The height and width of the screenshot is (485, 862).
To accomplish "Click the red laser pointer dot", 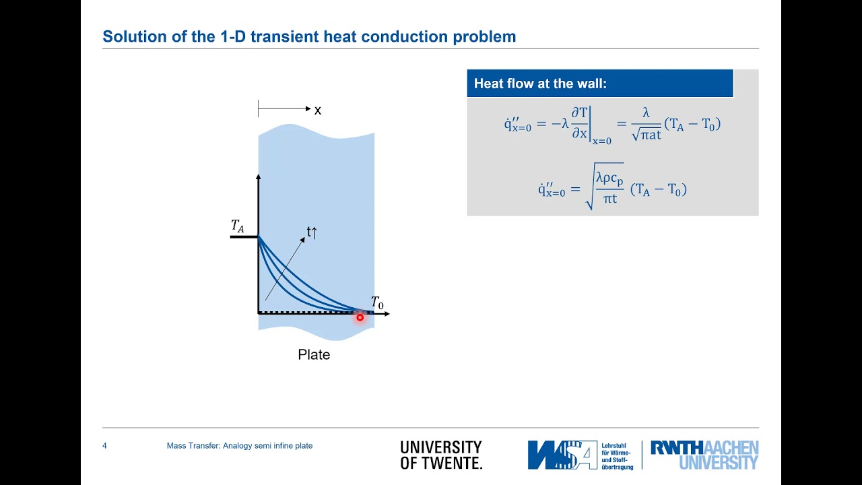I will tap(360, 317).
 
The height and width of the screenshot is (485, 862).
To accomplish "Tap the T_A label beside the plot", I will tap(238, 226).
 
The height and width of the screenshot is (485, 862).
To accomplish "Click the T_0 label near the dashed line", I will tap(377, 303).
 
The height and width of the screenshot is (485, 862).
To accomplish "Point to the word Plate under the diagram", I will tap(314, 354).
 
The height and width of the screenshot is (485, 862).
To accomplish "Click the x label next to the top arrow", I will tap(318, 110).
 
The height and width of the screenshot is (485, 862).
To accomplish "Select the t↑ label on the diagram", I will tap(312, 232).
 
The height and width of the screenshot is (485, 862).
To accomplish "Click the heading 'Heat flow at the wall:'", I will tap(540, 84).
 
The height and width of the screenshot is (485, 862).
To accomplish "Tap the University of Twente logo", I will tap(441, 455).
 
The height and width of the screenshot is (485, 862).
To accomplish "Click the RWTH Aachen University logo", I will tap(704, 455).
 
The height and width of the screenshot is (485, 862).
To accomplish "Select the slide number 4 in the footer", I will tap(104, 446).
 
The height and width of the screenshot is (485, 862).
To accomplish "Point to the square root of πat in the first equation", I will tap(646, 135).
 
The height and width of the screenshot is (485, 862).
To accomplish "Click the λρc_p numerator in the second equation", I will tap(609, 178).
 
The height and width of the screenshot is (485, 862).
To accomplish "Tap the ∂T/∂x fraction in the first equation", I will tap(580, 125).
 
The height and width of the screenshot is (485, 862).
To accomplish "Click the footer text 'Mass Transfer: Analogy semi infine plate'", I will tap(240, 446).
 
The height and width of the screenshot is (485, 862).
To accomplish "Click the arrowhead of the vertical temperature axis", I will tap(258, 177).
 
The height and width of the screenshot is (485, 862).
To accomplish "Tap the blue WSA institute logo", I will tap(562, 455).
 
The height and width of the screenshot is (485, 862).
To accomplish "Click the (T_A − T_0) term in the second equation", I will tap(658, 190).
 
